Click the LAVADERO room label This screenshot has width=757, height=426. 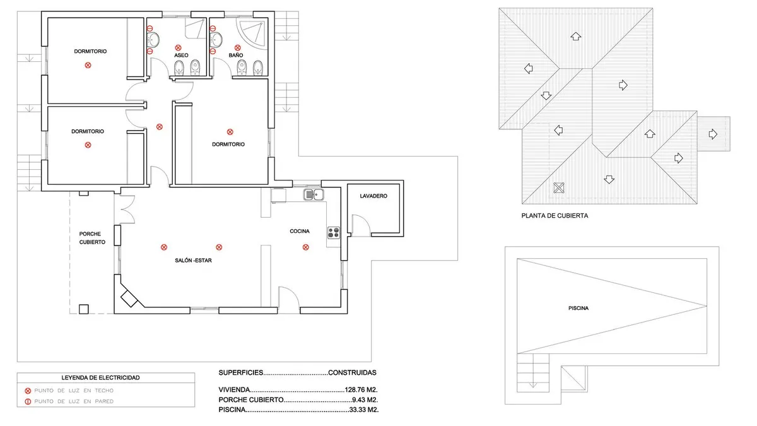[373, 196]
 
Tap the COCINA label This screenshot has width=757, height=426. [300, 231]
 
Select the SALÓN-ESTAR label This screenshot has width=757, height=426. [193, 260]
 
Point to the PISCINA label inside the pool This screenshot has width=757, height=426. [578, 308]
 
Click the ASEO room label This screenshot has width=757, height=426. [181, 55]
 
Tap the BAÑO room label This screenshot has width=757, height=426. [236, 55]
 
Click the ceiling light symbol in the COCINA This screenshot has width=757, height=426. [305, 247]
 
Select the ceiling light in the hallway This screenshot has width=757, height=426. [160, 127]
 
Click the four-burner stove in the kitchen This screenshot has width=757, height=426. [334, 233]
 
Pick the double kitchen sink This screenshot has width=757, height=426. [314, 195]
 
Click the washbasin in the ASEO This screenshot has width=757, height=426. [153, 40]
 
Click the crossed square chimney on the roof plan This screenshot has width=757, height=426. [559, 187]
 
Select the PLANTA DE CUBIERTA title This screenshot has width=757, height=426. [555, 216]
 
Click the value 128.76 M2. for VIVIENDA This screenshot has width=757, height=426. [361, 389]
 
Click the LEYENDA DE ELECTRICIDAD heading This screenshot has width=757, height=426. [100, 377]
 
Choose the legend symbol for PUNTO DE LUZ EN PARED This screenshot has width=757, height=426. [28, 401]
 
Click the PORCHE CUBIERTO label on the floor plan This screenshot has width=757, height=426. [92, 238]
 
